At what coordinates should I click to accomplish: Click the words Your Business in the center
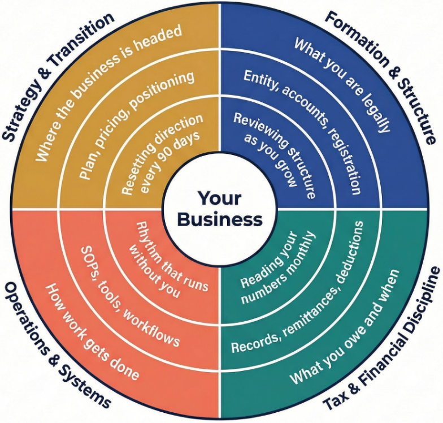point(221,209)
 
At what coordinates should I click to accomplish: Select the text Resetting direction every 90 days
point(158,153)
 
